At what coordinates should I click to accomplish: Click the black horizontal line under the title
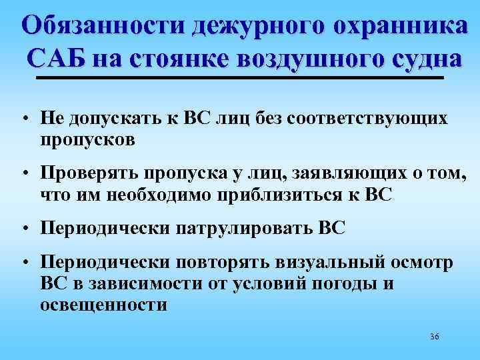240,78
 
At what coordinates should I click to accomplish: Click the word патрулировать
243,229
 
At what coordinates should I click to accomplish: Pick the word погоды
347,284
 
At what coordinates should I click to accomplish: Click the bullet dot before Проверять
23,175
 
